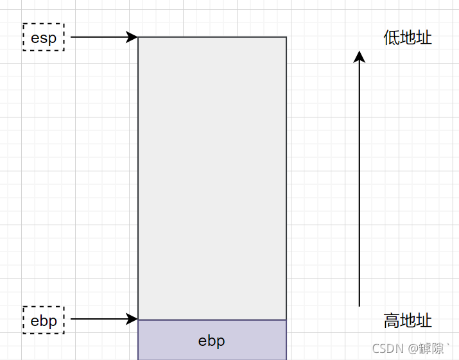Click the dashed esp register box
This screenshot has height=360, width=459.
44,37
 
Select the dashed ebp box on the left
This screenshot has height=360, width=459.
44,320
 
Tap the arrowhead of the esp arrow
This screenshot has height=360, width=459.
133,37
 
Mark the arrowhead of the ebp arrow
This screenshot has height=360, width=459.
133,319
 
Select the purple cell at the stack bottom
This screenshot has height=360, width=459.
212,340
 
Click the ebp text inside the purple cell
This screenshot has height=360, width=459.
212,341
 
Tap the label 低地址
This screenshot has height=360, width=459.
408,38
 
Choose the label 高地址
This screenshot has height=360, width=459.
408,320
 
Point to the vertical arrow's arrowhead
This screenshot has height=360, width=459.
359,56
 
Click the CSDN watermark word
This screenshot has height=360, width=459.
387,348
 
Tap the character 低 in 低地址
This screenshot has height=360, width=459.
392,38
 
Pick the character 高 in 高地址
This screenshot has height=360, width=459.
392,320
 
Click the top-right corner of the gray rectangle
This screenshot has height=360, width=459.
286,37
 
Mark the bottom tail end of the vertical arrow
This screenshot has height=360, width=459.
359,305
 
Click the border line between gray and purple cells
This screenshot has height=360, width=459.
212,320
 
